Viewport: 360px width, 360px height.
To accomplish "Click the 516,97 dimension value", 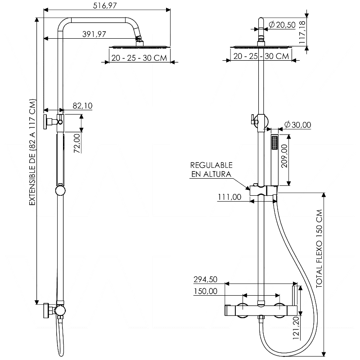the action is (x=105, y=5).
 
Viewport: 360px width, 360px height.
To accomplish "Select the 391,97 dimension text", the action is (x=94, y=34).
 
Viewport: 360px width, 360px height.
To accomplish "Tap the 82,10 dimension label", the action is (x=82, y=106).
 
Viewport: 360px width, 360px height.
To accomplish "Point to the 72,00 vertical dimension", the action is (x=77, y=144).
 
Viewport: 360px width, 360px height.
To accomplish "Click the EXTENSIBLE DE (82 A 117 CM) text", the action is (x=32, y=152).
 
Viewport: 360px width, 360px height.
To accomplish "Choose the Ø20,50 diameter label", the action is (x=282, y=25).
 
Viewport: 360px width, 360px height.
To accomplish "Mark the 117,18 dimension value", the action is (x=302, y=32).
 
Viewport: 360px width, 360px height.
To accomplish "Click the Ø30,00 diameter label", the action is (x=297, y=125).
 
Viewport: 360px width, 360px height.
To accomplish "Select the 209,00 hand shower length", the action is (x=284, y=156).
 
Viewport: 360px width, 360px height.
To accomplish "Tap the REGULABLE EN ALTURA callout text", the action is (x=211, y=170).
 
